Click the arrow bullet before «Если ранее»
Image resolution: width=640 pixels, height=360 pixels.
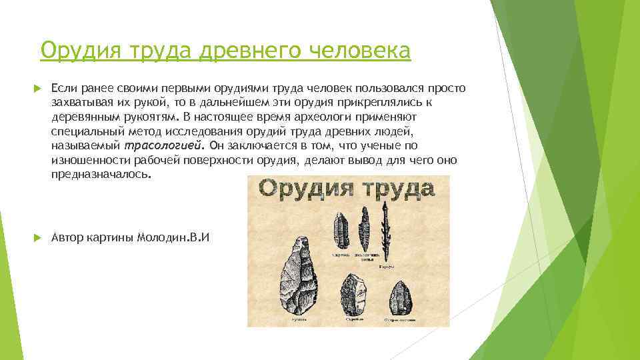click(36, 89)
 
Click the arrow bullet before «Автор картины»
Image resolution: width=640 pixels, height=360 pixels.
click(36, 238)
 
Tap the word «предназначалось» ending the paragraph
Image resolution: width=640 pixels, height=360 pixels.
click(100, 173)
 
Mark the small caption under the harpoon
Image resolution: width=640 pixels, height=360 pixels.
click(385, 265)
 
